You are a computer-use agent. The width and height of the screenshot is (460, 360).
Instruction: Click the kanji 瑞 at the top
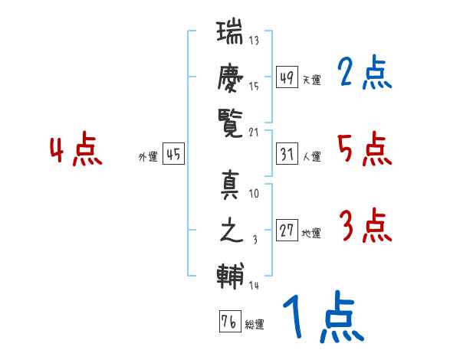(230, 31)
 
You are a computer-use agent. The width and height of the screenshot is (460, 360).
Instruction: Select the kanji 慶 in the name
(230, 78)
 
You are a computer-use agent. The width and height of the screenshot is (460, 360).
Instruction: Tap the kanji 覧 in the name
(230, 123)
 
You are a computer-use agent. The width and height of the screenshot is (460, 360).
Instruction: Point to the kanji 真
(230, 185)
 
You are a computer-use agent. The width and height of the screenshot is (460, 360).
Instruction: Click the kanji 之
(232, 230)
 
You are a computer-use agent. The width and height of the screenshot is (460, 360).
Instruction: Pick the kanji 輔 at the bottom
(230, 277)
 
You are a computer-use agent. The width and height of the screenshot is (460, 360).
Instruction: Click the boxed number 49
(287, 77)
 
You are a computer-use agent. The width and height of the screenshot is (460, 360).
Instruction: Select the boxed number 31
(287, 154)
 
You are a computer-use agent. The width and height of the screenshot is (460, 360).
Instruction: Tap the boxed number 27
(287, 230)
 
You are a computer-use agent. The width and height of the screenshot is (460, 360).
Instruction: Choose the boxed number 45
(173, 154)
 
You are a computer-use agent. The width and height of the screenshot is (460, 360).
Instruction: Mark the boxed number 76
(230, 321)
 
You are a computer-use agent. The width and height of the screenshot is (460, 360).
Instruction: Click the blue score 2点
(365, 72)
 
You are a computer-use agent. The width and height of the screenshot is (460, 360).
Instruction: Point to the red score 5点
(365, 149)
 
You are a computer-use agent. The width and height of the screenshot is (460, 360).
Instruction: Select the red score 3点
(366, 225)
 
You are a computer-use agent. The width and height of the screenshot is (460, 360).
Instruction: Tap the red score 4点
(76, 149)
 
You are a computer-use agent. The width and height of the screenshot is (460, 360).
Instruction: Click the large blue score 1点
(324, 316)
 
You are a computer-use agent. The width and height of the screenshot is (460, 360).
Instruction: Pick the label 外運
(148, 157)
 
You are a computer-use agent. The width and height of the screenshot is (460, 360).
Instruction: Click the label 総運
(255, 325)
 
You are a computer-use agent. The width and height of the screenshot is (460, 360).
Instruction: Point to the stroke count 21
(254, 133)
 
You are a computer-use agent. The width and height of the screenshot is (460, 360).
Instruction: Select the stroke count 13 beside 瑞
(254, 40)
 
